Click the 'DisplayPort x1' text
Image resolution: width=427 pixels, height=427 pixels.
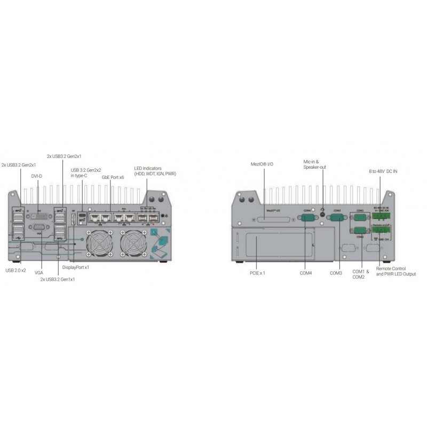click(x=75, y=267)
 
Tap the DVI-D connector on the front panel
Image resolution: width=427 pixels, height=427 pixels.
click(x=39, y=218)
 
